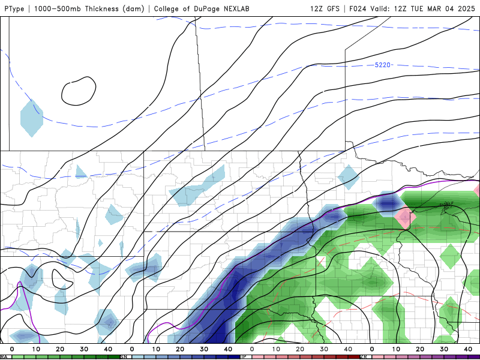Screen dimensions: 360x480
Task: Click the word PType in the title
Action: [14, 9]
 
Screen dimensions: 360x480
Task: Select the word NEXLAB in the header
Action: [233, 9]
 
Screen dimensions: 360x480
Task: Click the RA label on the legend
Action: [4, 356]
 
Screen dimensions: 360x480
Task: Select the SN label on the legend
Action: [124, 356]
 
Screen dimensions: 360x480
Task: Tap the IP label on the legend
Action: [244, 356]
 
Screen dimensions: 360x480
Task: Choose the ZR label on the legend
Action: [364, 356]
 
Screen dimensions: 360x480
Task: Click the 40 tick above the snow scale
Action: [228, 349]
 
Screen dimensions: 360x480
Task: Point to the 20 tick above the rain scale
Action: [60, 349]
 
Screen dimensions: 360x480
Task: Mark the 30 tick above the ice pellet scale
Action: [324, 349]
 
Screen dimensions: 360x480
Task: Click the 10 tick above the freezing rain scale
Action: [396, 349]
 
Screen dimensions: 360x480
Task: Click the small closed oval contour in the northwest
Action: [79, 91]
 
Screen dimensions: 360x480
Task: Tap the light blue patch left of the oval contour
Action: [31, 117]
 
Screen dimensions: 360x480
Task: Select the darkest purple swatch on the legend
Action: [474, 356]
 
